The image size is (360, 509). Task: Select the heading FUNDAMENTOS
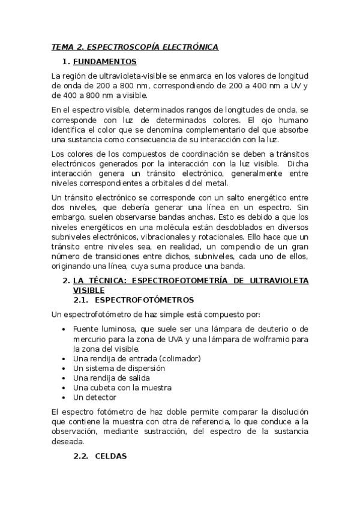pyautogui.click(x=104, y=61)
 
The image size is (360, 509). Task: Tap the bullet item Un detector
pyautogui.click(x=95, y=397)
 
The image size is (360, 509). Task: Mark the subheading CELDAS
pyautogui.click(x=111, y=456)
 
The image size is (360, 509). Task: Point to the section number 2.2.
pyautogui.click(x=81, y=456)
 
